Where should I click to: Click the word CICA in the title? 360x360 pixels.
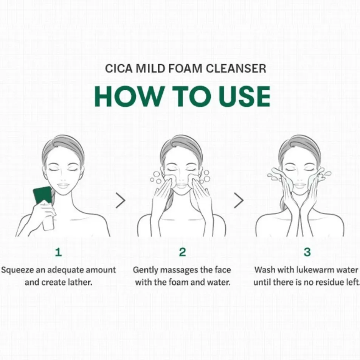click(x=119, y=69)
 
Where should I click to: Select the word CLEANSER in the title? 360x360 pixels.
click(x=236, y=69)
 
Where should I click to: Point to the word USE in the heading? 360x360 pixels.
click(x=244, y=96)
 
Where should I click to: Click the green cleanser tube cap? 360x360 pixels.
click(x=43, y=195)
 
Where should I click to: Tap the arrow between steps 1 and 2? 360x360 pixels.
click(x=121, y=200)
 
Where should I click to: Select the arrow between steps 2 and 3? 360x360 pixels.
click(x=239, y=200)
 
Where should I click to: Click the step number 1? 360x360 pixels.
click(x=59, y=252)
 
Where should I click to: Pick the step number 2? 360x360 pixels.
click(x=183, y=252)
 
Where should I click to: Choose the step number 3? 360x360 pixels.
click(x=307, y=252)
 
